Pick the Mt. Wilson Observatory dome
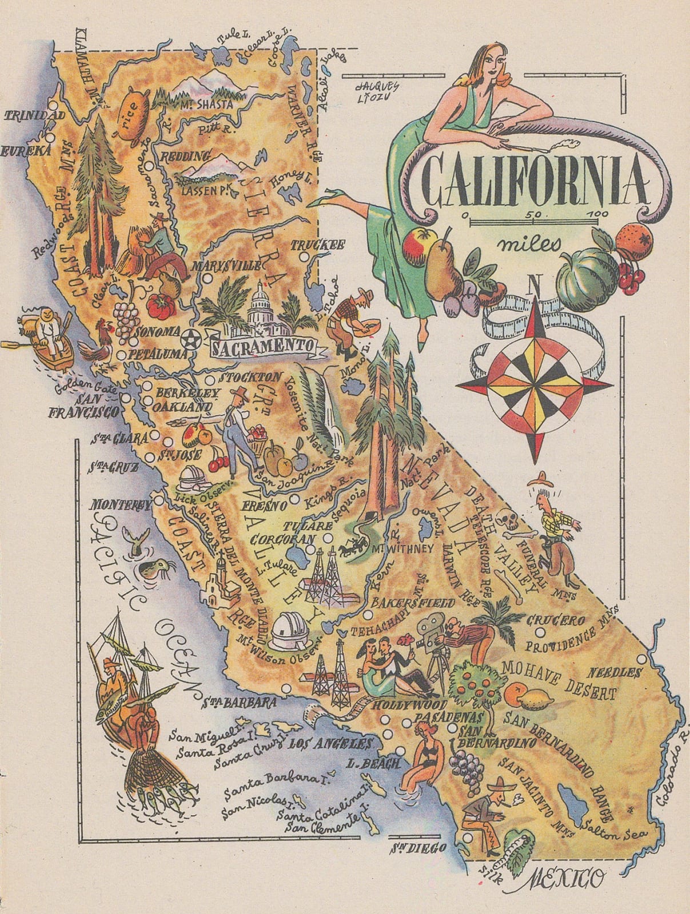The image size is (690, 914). point(290,631)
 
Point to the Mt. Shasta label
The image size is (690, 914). point(207,105)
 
